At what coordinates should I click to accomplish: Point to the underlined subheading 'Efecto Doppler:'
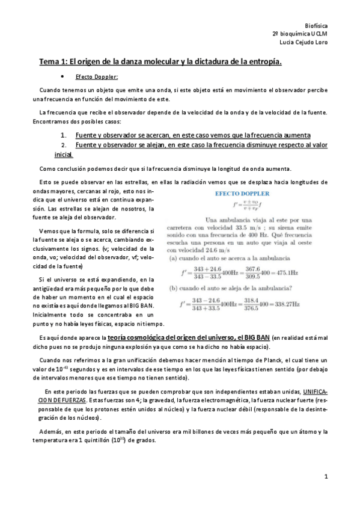97,77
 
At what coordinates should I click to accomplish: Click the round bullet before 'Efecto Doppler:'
63,77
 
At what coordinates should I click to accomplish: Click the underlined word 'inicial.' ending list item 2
63,155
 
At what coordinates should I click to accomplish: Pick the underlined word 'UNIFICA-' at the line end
315,392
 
